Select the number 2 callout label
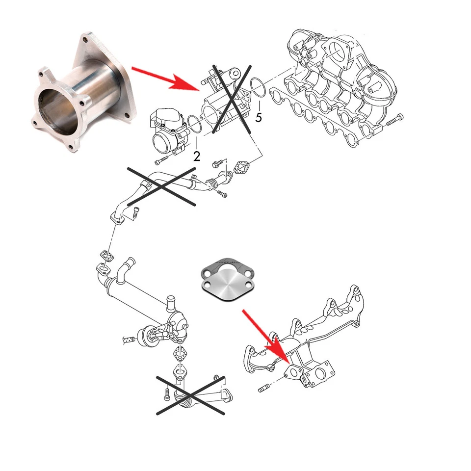(x=196, y=157)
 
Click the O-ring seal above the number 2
(x=193, y=125)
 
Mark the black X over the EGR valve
(x=231, y=98)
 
